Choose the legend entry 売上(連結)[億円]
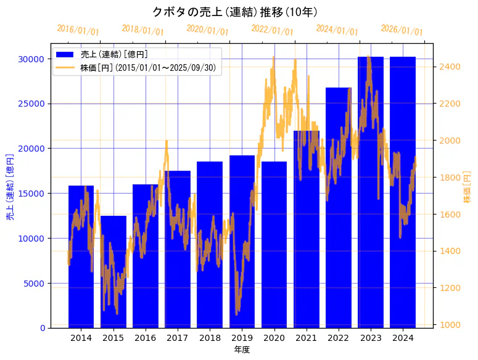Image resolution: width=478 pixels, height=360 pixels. pos(114,54)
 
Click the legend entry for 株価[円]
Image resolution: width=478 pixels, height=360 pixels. pos(148,68)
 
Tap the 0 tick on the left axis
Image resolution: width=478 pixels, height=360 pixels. pos(41,328)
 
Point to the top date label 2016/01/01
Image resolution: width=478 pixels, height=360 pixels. pos(78,30)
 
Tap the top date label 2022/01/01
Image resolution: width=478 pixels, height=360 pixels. pos(273,30)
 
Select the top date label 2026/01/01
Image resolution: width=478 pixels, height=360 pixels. pos(402,30)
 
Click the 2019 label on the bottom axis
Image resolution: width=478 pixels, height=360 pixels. pos(242,338)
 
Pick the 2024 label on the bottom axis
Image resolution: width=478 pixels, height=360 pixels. pos(403,338)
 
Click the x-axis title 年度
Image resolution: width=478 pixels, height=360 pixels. pos(242,350)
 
